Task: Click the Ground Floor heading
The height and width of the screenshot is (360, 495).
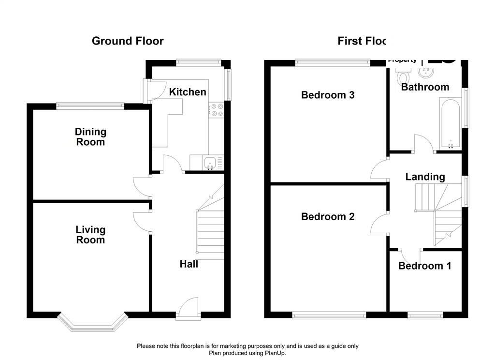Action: click(128, 41)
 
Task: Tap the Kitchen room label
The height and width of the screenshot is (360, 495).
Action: click(188, 92)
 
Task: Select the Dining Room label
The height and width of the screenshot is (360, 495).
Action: click(90, 136)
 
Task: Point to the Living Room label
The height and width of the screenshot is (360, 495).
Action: click(90, 235)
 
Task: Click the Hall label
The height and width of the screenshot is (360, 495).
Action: click(189, 264)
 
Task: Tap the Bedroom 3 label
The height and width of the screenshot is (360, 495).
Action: click(328, 95)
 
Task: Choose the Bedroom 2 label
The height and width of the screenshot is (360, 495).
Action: click(328, 217)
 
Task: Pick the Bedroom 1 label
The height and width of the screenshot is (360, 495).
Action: click(424, 266)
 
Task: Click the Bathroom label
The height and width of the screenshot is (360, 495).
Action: click(425, 87)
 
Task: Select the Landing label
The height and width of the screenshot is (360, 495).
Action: click(425, 177)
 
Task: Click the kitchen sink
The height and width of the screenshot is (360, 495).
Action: click(210, 163)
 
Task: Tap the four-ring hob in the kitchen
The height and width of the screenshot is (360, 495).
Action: click(216, 110)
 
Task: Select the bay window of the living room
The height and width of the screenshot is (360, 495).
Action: click(92, 324)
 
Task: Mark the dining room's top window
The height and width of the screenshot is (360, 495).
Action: click(90, 105)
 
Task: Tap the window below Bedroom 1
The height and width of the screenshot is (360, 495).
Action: click(425, 315)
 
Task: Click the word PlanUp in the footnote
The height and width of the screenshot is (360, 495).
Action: click(274, 353)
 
